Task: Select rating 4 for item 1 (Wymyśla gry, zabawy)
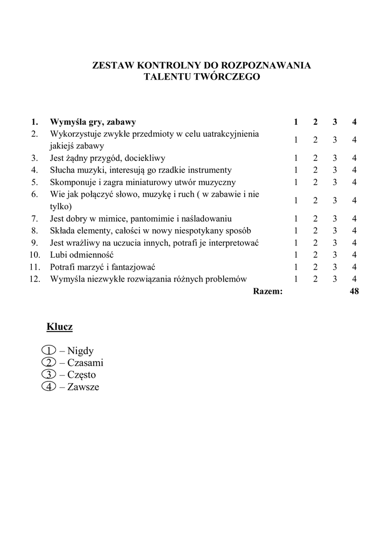[354, 122]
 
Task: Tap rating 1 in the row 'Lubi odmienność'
[296, 255]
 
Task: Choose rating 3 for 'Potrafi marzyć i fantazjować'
[335, 267]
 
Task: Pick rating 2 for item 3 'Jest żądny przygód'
[315, 158]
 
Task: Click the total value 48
[354, 292]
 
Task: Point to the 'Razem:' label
[267, 292]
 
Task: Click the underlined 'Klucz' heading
[60, 327]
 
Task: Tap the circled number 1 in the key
[48, 351]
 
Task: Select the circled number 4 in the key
[48, 387]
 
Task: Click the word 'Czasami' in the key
[85, 363]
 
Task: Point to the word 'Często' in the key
[82, 375]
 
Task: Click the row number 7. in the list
[34, 218]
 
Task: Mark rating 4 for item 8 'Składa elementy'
[354, 231]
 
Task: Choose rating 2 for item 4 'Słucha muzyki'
[315, 170]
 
